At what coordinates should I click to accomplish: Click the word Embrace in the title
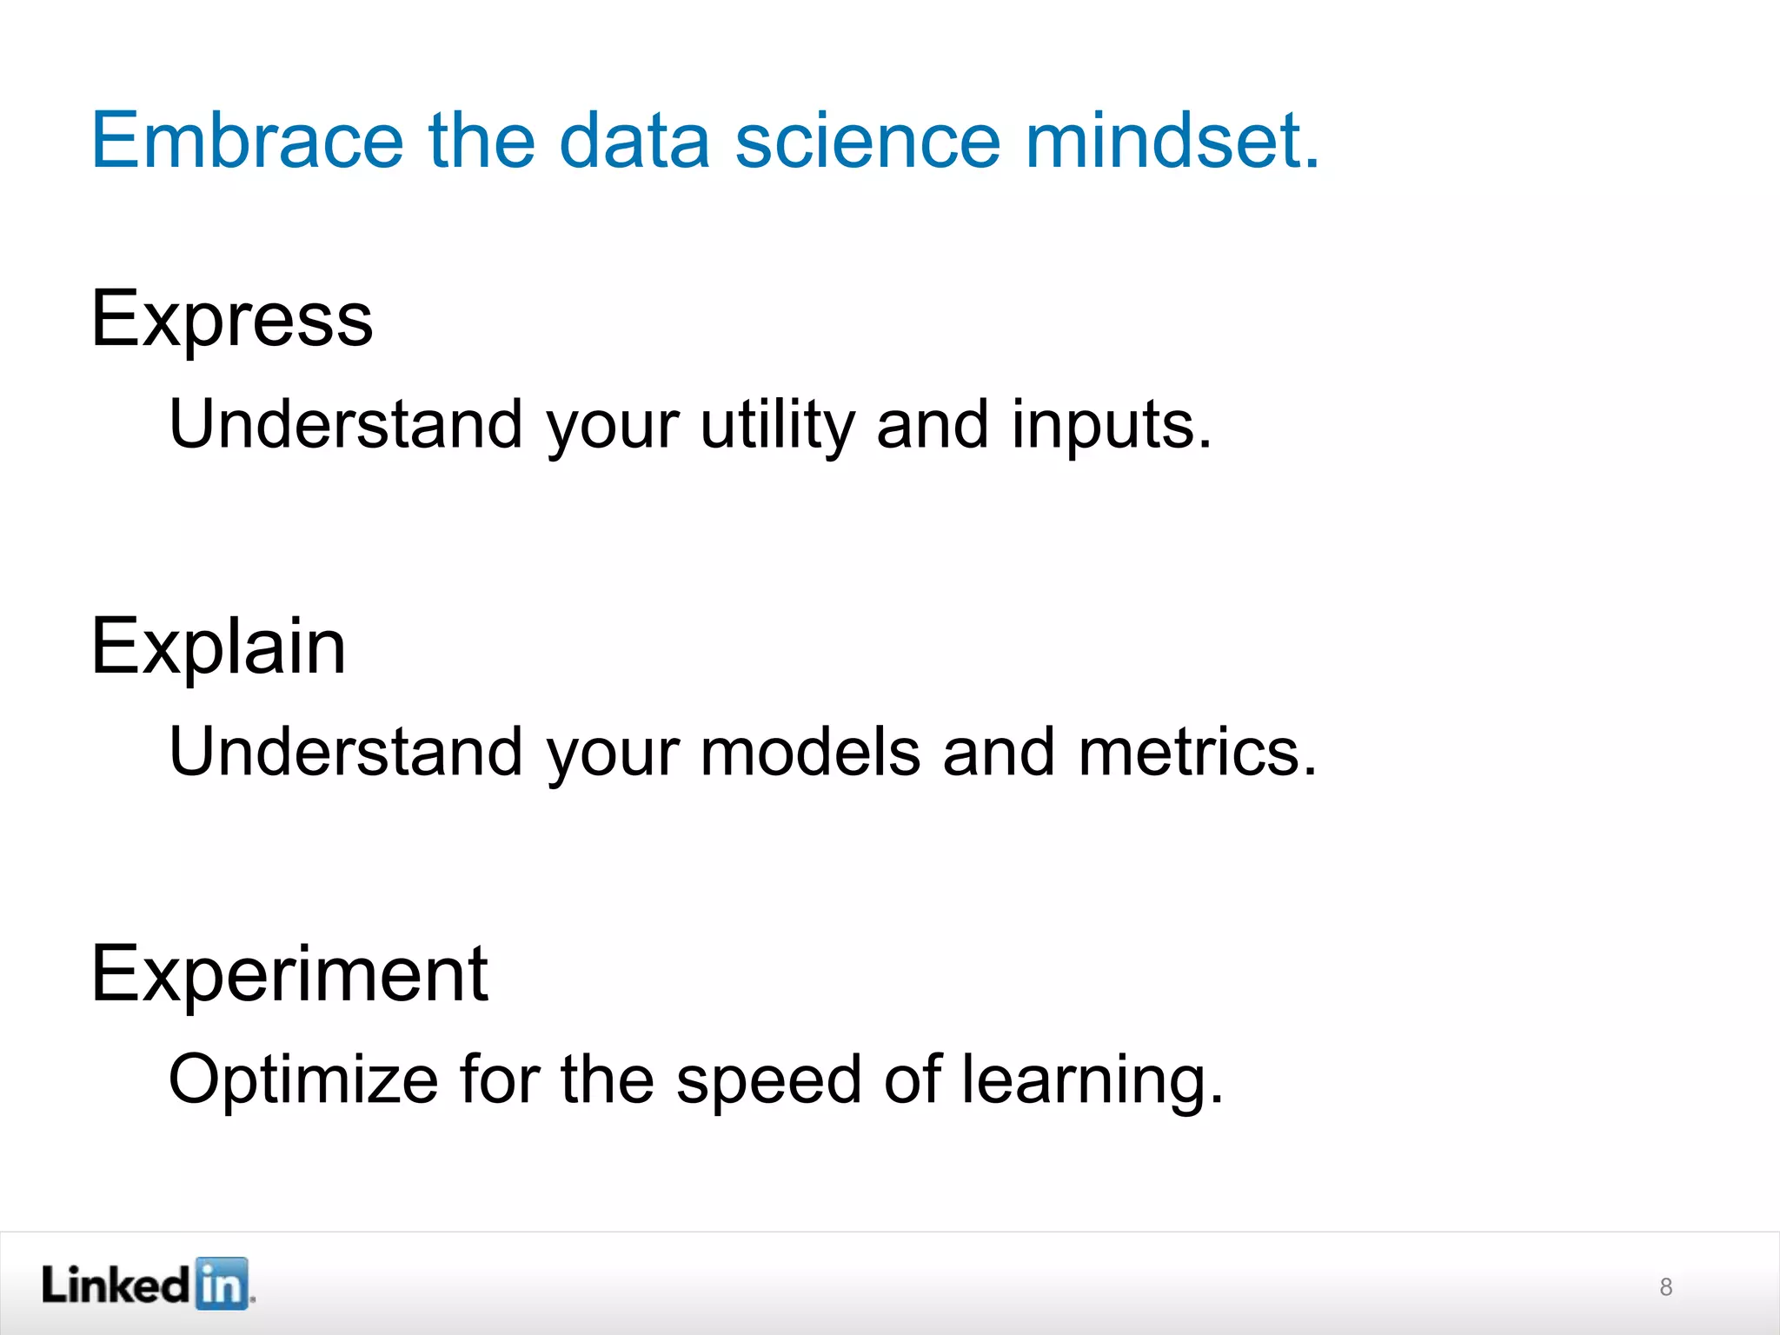[248, 140]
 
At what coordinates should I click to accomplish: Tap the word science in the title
[867, 140]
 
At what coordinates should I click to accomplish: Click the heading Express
[232, 320]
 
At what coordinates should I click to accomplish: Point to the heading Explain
[219, 647]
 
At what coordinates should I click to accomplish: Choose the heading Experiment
[289, 974]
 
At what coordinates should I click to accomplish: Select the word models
[810, 752]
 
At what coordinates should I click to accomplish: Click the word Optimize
[303, 1080]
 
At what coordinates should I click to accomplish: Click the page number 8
[1665, 1287]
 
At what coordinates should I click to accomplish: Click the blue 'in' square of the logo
[221, 1284]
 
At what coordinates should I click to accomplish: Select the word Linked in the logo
[116, 1285]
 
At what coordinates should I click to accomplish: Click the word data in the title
[634, 140]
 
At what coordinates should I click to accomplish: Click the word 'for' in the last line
[499, 1079]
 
